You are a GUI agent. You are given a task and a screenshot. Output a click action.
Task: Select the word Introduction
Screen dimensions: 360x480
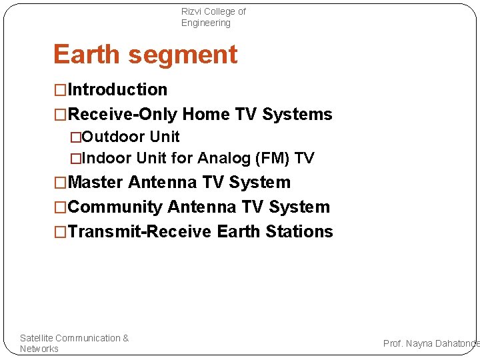click(x=117, y=89)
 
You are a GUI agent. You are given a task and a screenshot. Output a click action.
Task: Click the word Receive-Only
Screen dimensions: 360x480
click(x=123, y=114)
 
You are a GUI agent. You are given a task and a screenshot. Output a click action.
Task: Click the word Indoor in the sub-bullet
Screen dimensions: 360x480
click(x=107, y=158)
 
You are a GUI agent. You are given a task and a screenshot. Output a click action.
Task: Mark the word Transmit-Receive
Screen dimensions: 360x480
click(x=140, y=231)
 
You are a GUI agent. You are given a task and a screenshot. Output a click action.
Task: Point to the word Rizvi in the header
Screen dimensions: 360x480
click(x=192, y=11)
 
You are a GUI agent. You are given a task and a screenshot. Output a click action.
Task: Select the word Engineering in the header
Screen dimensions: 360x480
click(x=205, y=23)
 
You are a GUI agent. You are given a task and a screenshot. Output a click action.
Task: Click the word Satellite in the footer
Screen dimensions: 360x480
click(x=37, y=338)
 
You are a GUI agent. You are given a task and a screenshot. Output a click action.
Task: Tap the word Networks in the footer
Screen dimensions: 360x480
click(x=39, y=349)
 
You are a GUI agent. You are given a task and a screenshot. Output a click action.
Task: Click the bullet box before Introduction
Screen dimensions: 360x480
click(x=61, y=90)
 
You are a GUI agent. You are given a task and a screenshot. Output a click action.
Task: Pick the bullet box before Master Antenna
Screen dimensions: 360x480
click(x=61, y=183)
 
